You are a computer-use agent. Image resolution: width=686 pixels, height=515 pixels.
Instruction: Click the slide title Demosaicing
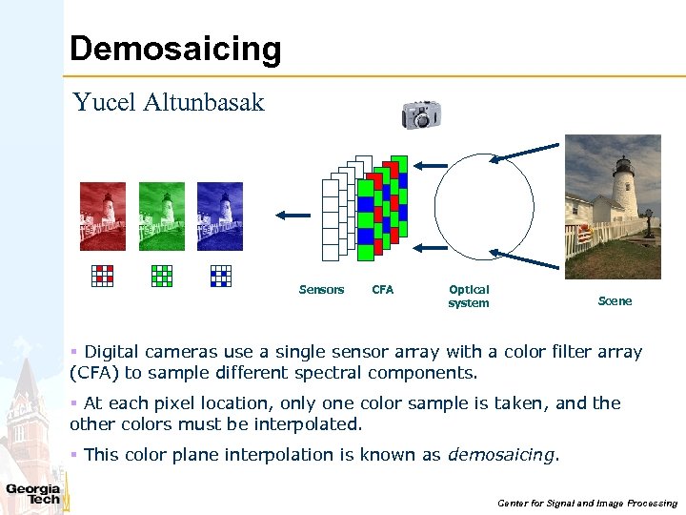tap(175, 49)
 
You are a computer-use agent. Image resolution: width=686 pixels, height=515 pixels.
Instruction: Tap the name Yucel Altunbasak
tap(169, 103)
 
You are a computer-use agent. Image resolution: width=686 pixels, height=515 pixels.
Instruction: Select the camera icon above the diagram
tap(420, 113)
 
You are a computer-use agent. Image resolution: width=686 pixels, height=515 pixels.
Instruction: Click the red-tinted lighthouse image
tap(103, 216)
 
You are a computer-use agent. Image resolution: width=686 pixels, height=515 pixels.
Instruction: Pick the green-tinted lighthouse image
tap(162, 216)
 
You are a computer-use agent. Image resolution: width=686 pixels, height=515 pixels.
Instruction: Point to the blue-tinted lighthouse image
tap(220, 216)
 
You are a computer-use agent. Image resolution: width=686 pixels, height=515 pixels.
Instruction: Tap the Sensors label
tap(321, 290)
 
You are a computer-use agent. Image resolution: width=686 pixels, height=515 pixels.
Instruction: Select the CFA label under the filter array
tap(382, 290)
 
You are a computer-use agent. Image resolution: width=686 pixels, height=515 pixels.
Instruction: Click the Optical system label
tap(469, 296)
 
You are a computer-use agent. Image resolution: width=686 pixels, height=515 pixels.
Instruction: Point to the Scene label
tap(615, 301)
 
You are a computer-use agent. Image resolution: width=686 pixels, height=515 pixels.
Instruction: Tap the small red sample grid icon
tap(103, 275)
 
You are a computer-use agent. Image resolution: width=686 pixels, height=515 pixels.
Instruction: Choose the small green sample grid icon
tap(162, 275)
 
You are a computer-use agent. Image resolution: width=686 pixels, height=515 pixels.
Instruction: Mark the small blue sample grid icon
tap(220, 275)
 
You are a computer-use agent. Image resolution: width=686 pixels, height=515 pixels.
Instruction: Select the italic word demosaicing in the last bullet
tap(501, 455)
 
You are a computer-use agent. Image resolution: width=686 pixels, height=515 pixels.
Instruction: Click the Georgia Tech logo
tap(33, 493)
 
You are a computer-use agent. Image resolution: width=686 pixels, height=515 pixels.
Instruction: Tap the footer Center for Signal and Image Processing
tap(587, 503)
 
